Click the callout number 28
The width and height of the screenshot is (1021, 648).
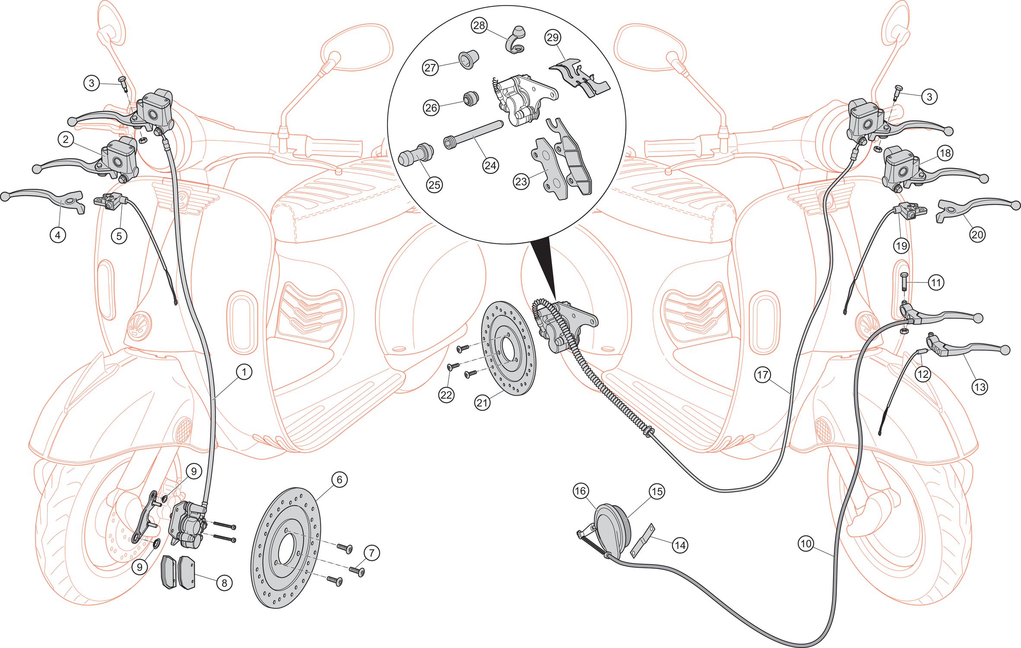(479, 25)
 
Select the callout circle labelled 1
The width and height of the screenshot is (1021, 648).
(244, 372)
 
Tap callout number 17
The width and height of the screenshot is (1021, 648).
(763, 375)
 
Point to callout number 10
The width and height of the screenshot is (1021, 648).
(806, 543)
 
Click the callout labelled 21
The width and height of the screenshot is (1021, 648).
(482, 403)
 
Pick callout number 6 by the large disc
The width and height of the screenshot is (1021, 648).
(339, 480)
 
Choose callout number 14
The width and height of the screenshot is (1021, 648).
(680, 545)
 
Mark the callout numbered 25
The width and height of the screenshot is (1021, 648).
(434, 185)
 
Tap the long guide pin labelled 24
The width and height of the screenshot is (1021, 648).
(473, 135)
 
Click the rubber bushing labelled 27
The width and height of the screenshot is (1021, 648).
(469, 60)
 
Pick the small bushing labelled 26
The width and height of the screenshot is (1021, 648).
(471, 98)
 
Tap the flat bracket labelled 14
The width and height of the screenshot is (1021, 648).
(643, 540)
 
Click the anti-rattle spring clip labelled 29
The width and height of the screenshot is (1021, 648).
(579, 79)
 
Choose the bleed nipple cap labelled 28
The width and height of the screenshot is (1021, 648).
(516, 40)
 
